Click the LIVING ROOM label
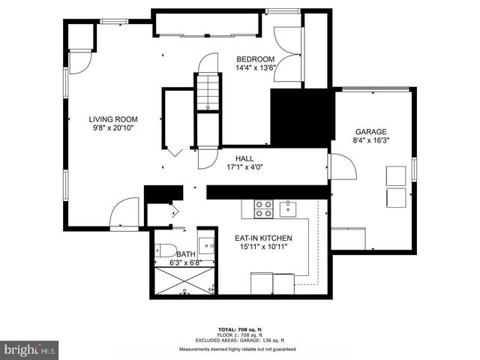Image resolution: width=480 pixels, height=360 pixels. pos(113,118)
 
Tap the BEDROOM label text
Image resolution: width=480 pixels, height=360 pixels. pos(256,59)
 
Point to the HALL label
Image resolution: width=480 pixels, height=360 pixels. pos(244,159)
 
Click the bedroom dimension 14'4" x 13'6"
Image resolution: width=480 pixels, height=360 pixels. pos(256,68)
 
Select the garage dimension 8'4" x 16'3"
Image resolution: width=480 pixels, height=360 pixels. pos(370,139)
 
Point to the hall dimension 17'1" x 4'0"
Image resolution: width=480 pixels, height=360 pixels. pos(244,168)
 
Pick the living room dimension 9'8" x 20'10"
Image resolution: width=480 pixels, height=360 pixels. pos(113,127)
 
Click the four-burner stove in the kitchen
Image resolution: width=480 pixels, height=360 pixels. pos(263,208)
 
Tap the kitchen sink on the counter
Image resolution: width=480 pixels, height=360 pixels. pos(286,208)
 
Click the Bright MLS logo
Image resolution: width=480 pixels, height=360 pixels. pos(30,349)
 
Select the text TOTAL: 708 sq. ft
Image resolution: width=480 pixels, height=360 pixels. pos(237,329)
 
